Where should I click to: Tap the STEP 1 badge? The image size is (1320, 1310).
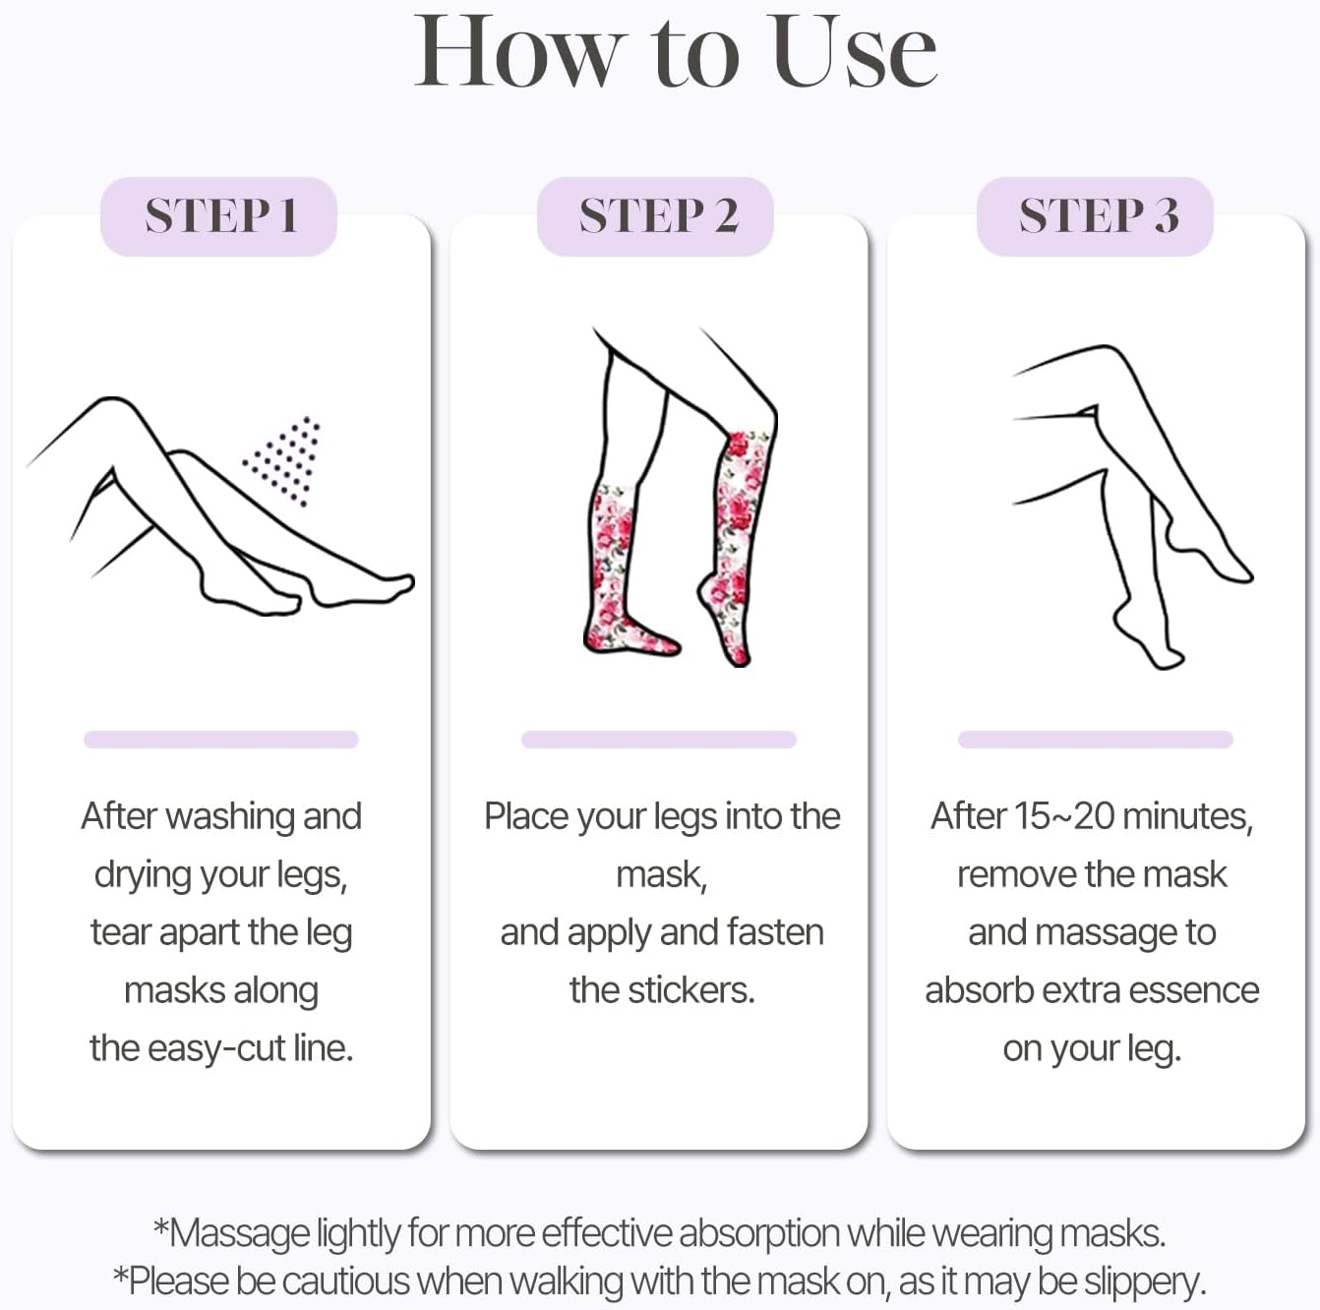click(x=219, y=216)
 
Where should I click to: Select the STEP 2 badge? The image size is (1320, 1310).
click(x=656, y=216)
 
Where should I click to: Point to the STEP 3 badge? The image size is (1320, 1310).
click(x=1096, y=216)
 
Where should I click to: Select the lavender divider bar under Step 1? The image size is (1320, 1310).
click(x=220, y=740)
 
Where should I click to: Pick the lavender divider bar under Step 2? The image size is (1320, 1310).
click(x=658, y=740)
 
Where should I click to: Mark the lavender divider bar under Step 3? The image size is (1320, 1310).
click(x=1095, y=740)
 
